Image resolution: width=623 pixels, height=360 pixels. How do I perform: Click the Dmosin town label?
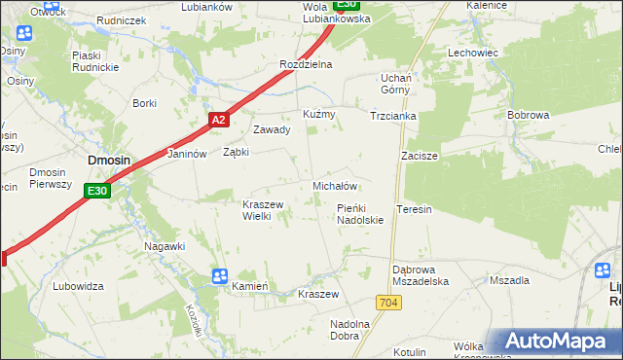click(109, 162)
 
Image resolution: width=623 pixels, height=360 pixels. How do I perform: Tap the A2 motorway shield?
click(218, 120)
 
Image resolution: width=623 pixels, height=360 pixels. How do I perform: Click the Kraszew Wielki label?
click(262, 210)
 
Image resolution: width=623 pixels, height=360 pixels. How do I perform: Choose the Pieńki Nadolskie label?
click(360, 214)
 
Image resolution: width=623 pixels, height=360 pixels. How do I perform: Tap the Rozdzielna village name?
click(306, 64)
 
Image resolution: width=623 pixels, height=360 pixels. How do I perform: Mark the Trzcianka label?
click(393, 115)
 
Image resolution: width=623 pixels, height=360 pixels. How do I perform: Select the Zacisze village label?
click(419, 156)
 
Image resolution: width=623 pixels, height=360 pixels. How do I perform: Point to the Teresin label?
click(415, 209)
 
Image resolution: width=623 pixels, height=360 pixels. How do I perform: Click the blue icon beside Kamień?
click(220, 276)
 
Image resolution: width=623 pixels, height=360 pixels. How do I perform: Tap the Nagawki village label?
click(165, 246)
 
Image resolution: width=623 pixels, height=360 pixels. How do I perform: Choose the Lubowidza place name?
click(79, 286)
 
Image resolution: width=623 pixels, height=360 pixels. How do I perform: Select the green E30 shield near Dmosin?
click(96, 192)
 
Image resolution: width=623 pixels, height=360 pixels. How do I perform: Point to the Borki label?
click(145, 103)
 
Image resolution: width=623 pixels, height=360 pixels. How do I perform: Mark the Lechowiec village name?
click(473, 53)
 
